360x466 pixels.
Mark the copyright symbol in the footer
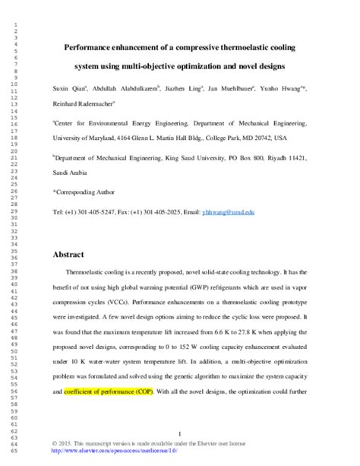pyautogui.click(x=55, y=442)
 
